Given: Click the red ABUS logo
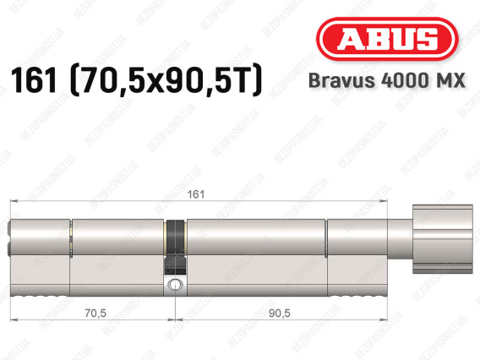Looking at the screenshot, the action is pyautogui.click(x=387, y=39).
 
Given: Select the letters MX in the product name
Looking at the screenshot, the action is pyautogui.click(x=451, y=80).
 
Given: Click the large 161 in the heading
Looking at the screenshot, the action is pyautogui.click(x=34, y=80).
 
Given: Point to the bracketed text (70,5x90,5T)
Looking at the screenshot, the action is pyautogui.click(x=166, y=80).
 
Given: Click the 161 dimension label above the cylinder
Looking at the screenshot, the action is pyautogui.click(x=195, y=194).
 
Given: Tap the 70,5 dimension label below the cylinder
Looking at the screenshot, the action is pyautogui.click(x=95, y=314).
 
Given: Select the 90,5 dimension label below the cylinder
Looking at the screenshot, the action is pyautogui.click(x=279, y=314).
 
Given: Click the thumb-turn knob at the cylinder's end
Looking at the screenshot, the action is pyautogui.click(x=443, y=239).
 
